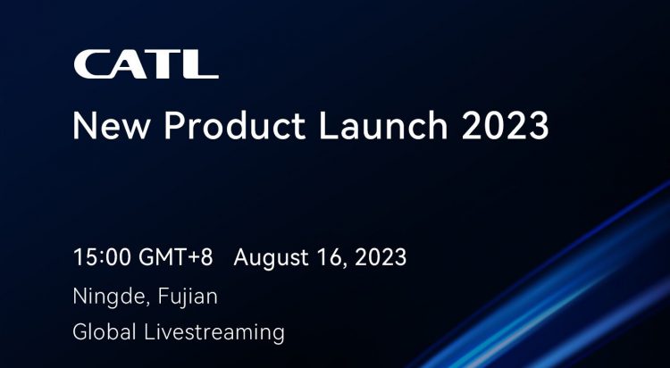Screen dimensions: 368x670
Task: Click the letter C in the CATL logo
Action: pos(90,64)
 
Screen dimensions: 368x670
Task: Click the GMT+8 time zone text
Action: pos(176,258)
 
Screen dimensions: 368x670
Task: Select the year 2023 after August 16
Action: pos(381,258)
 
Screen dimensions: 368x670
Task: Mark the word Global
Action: pos(105,332)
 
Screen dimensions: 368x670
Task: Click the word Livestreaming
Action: pos(214,333)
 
